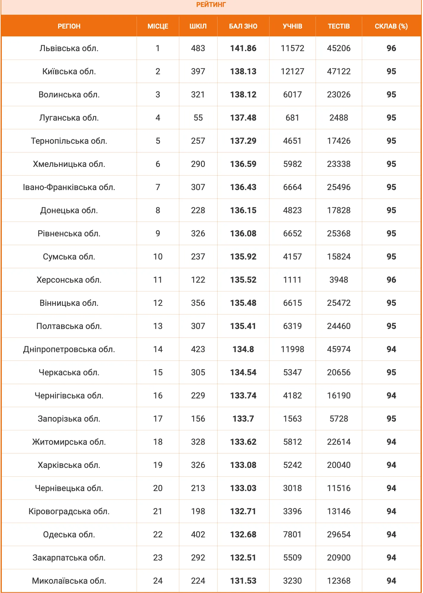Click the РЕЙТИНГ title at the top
pyautogui.click(x=211, y=5)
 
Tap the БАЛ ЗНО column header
pyautogui.click(x=243, y=26)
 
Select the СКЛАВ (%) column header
pyautogui.click(x=391, y=26)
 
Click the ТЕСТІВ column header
pyautogui.click(x=339, y=26)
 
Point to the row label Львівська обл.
pyautogui.click(x=69, y=48)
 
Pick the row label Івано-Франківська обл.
pyautogui.click(x=69, y=187)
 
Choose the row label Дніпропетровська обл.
pyautogui.click(x=69, y=349)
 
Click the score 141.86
pyautogui.click(x=243, y=48)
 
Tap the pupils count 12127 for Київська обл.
pyautogui.click(x=292, y=71)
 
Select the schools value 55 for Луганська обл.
pyautogui.click(x=198, y=118)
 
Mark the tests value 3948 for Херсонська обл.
pyautogui.click(x=339, y=280)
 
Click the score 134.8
pyautogui.click(x=243, y=349)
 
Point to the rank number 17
pyautogui.click(x=158, y=419)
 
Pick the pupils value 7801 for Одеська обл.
pyautogui.click(x=292, y=534)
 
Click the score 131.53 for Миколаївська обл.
pyautogui.click(x=243, y=581)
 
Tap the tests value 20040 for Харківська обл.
pyautogui.click(x=339, y=465)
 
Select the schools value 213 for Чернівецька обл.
pyautogui.click(x=198, y=488)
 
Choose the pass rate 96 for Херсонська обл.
pyautogui.click(x=391, y=280)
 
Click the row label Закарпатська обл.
pyautogui.click(x=69, y=558)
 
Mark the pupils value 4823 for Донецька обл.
pyautogui.click(x=292, y=210)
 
